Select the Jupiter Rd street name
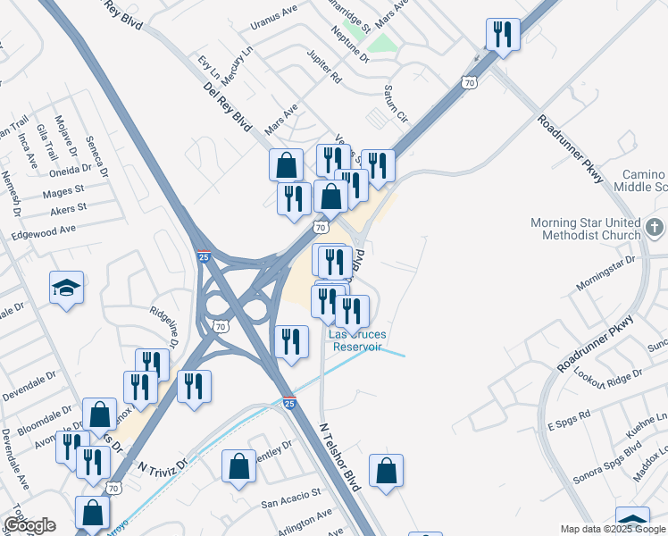coord(323,74)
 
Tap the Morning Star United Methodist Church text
coord(586,229)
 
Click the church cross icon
coord(655,228)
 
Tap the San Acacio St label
coord(291,497)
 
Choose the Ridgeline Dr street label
coord(166,326)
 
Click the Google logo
coord(29,525)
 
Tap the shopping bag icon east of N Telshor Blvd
coord(386,471)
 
